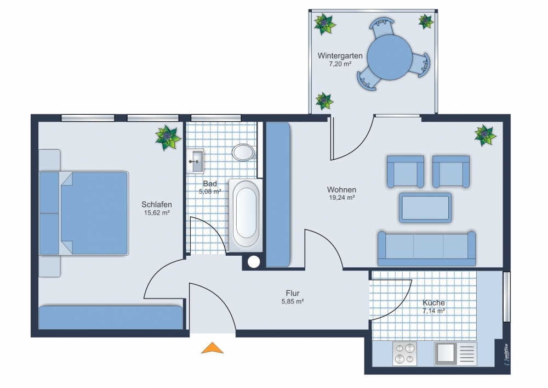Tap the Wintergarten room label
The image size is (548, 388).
340,55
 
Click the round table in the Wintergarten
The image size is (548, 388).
390,58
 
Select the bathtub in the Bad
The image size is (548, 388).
246,215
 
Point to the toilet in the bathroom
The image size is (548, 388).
244,152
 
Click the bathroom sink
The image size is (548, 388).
195,161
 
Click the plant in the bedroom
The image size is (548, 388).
168,138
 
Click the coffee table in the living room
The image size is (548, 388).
425,207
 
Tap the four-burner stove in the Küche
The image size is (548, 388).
404,353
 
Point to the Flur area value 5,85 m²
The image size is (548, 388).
293,301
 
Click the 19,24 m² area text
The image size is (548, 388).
342,198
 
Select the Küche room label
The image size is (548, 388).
433,302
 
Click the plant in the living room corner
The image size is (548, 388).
485,135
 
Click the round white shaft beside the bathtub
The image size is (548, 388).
254,262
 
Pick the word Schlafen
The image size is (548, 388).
157,204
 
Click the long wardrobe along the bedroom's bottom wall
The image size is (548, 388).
111,318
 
